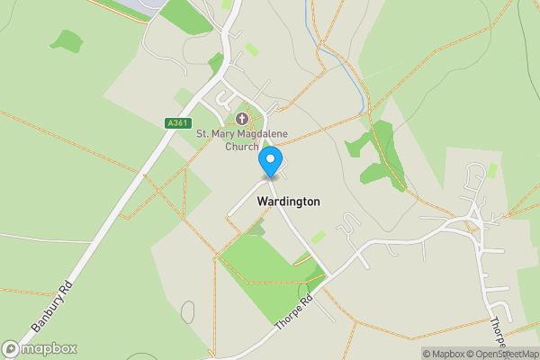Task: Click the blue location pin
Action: tap(270, 163)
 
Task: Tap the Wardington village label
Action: tap(288, 202)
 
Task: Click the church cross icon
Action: tap(241, 119)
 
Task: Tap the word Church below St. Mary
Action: tap(242, 147)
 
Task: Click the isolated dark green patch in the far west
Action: tap(66, 40)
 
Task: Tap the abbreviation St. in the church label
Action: tap(202, 134)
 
